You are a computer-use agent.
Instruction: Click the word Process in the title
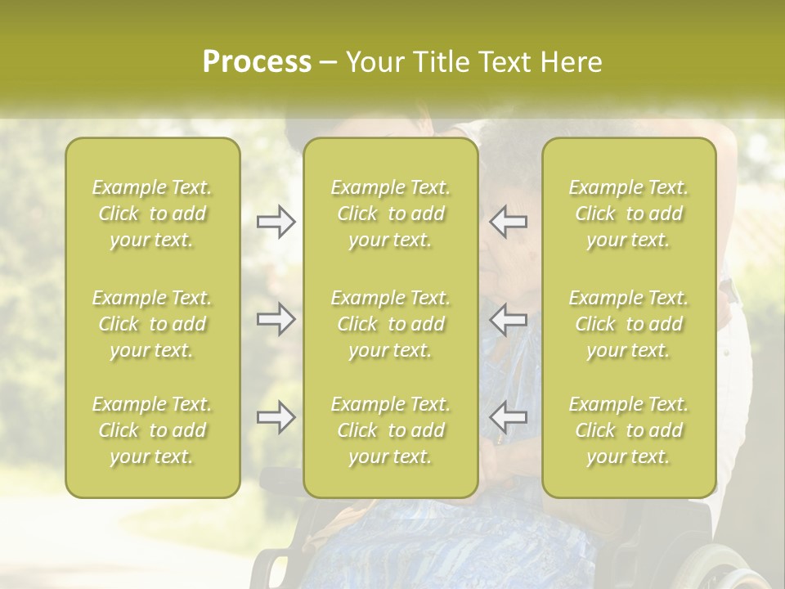257,62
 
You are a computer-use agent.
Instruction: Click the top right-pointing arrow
276,222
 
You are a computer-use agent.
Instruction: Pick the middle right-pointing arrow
276,319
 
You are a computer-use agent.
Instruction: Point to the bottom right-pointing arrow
276,417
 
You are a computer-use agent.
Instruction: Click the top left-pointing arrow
508,222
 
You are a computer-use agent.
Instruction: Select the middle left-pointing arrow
508,319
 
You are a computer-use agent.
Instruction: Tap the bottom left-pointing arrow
508,417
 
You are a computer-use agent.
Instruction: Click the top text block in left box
152,214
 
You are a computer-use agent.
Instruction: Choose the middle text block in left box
152,324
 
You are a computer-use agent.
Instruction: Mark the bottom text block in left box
152,430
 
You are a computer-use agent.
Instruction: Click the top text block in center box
391,214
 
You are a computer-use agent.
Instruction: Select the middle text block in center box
391,324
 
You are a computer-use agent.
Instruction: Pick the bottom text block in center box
391,430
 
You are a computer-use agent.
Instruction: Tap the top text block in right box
629,214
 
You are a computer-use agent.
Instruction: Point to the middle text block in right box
629,324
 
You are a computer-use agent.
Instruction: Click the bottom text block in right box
629,430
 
